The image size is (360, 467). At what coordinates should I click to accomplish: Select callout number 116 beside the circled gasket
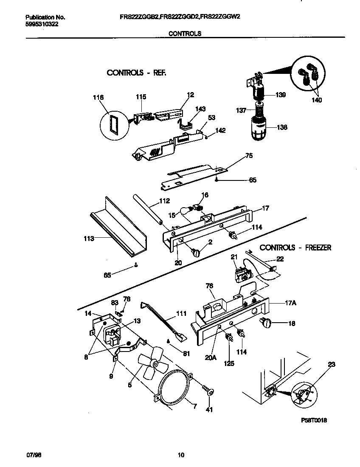[x=98, y=97]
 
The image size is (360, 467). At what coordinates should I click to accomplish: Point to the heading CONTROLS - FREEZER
[x=295, y=247]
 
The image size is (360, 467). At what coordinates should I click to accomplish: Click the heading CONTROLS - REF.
[x=136, y=73]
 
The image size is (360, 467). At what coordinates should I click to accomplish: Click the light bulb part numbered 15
[x=187, y=211]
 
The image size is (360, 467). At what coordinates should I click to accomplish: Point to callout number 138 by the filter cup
[x=281, y=127]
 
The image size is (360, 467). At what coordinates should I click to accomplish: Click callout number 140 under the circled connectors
[x=316, y=100]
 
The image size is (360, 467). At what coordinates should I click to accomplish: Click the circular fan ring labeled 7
[x=174, y=388]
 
